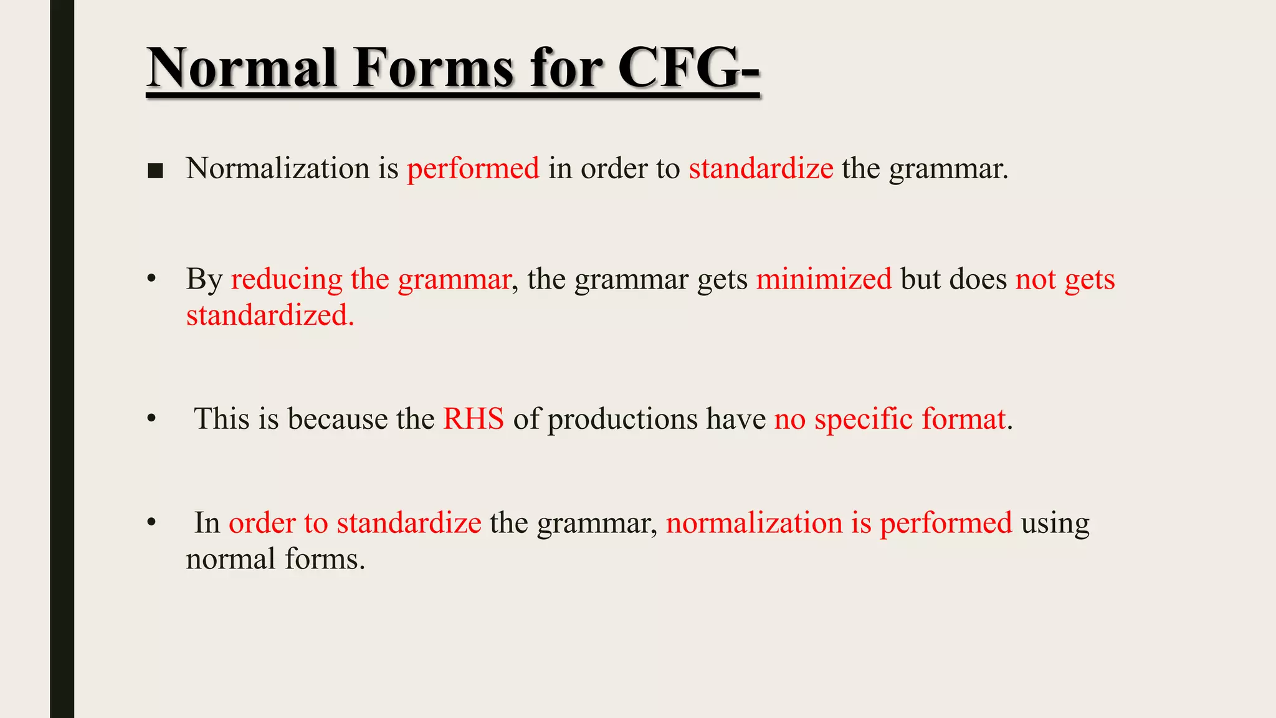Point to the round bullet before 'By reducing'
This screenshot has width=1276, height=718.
click(151, 280)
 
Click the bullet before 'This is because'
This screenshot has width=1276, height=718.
click(151, 419)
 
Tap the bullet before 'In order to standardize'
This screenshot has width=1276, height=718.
click(151, 524)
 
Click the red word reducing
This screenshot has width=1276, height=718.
click(287, 280)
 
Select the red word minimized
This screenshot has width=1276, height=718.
click(824, 279)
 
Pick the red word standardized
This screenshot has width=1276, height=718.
click(270, 315)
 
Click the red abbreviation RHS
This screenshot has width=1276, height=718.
click(474, 419)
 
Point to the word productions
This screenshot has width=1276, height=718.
click(622, 419)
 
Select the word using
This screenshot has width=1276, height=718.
click(1055, 524)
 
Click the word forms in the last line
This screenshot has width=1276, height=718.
click(325, 559)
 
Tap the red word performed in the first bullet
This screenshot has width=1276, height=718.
click(473, 169)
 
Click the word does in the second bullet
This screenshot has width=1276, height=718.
click(978, 279)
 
